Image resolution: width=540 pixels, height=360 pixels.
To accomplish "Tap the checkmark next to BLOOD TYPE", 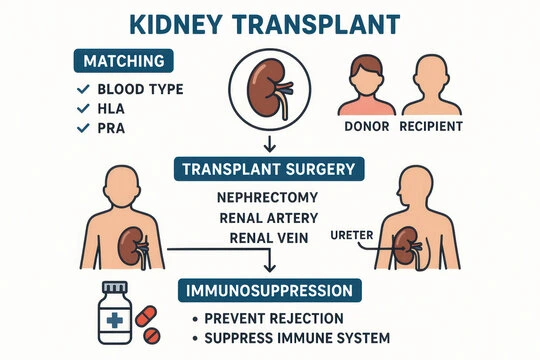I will click(x=83, y=89).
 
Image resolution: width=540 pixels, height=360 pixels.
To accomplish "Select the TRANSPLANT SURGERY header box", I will click(x=270, y=168).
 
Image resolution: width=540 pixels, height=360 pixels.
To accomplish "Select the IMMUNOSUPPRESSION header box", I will click(x=270, y=290).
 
